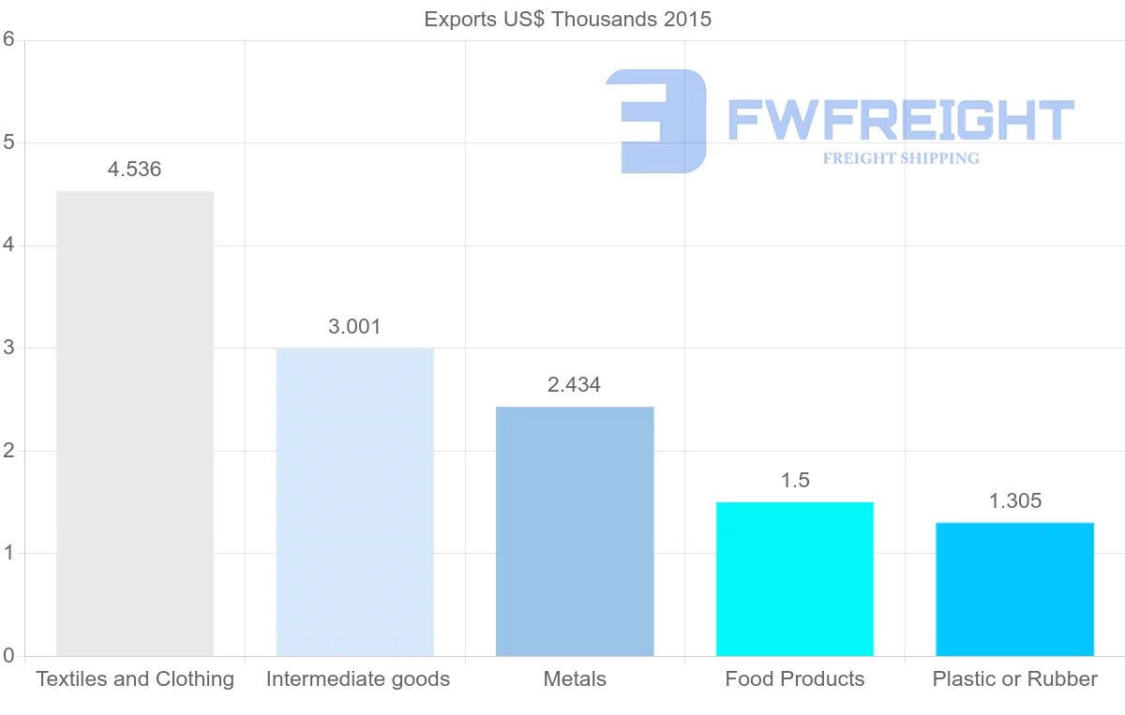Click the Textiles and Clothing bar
[x=135, y=424]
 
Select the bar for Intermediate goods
[x=355, y=502]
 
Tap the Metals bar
[x=574, y=531]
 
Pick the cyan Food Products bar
[x=794, y=579]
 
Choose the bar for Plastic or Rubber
[x=1014, y=589]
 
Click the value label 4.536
[x=135, y=170]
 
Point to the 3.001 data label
[x=355, y=327]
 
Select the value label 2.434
[x=574, y=384]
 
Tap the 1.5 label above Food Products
[x=795, y=481]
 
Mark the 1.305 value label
[x=1014, y=501]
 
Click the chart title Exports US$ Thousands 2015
[x=568, y=19]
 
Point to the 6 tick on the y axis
[x=8, y=39]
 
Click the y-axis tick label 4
[x=8, y=246]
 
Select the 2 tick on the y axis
[x=8, y=451]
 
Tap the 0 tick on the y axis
[x=8, y=656]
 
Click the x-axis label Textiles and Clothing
[x=135, y=679]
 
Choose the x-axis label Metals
[x=574, y=679]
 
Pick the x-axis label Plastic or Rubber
[x=1014, y=679]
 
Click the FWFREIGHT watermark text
[x=900, y=120]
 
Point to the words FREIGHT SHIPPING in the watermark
[x=901, y=158]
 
